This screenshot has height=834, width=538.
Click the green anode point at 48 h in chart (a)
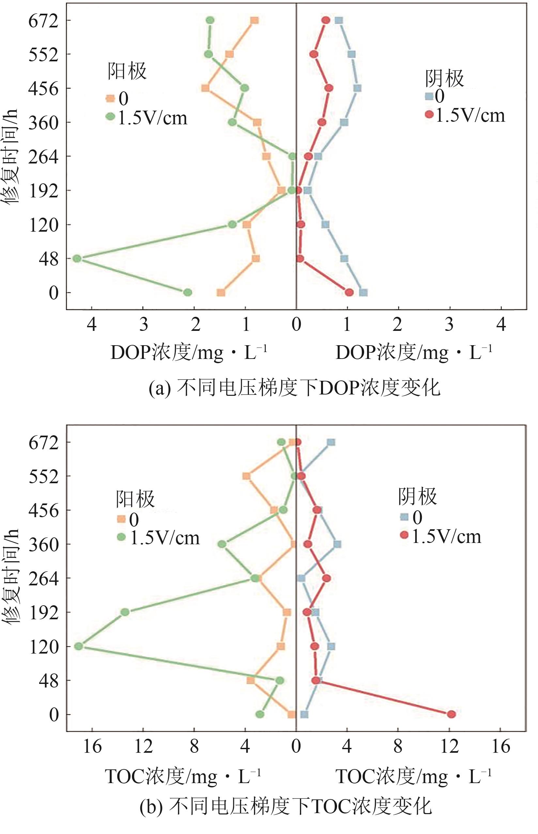point(77,258)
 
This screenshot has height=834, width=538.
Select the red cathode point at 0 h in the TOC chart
point(451,714)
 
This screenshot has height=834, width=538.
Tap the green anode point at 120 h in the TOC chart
point(79,646)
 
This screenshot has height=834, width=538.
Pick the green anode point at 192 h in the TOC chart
point(125,612)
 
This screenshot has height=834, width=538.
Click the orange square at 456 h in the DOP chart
point(206,88)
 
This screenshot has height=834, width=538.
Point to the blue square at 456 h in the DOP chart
point(357,88)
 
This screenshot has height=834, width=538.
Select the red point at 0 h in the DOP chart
point(349,292)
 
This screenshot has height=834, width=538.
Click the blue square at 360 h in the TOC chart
point(337,544)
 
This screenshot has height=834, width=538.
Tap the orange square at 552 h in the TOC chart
point(246,476)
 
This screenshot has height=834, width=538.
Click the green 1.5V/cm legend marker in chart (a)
point(110,117)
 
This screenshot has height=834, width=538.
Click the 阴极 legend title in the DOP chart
point(444,78)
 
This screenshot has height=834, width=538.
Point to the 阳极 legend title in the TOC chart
point(135,499)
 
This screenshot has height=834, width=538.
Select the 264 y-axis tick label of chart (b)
point(43,579)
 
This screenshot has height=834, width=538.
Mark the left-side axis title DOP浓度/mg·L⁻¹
point(189,353)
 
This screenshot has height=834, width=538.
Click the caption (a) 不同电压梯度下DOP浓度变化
point(295,388)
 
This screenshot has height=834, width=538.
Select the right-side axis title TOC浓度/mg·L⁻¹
point(414,777)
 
